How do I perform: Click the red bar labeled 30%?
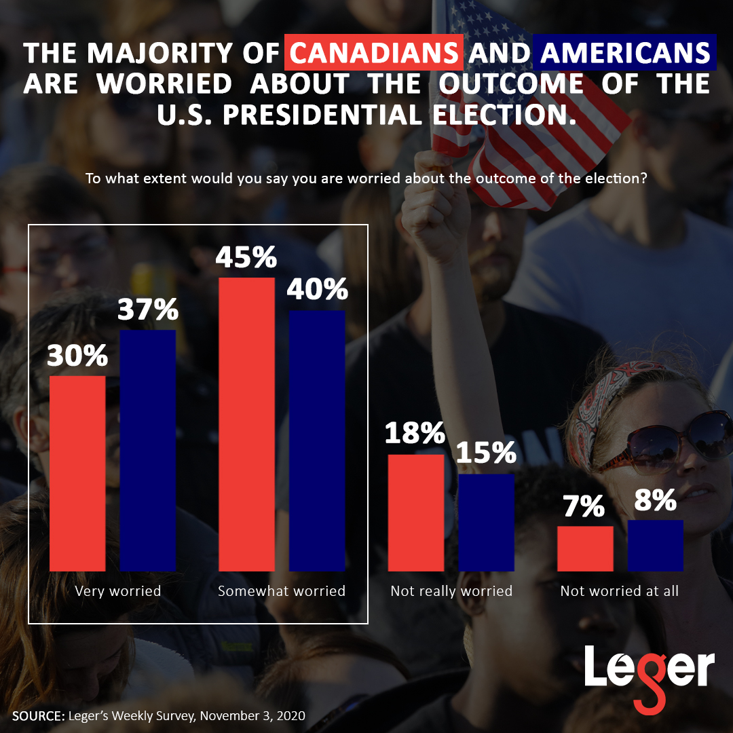coord(77,473)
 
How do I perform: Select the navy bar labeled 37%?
coord(148,450)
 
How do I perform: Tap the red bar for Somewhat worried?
coord(247,424)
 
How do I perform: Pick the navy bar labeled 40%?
coord(317,440)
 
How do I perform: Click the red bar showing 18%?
coord(416,512)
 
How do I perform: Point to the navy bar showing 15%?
coord(486,522)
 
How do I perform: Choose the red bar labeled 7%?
coord(585,548)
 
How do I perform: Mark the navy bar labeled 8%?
coord(656,545)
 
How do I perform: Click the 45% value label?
coord(246,258)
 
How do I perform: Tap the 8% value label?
coord(654,501)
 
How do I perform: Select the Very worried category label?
coord(118,591)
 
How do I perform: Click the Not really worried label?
coord(451,591)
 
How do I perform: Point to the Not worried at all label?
coord(619,591)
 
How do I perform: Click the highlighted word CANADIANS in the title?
coord(375,53)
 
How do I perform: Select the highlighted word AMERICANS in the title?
coord(624,53)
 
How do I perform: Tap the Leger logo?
coord(648,672)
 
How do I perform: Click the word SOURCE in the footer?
coord(37,715)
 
